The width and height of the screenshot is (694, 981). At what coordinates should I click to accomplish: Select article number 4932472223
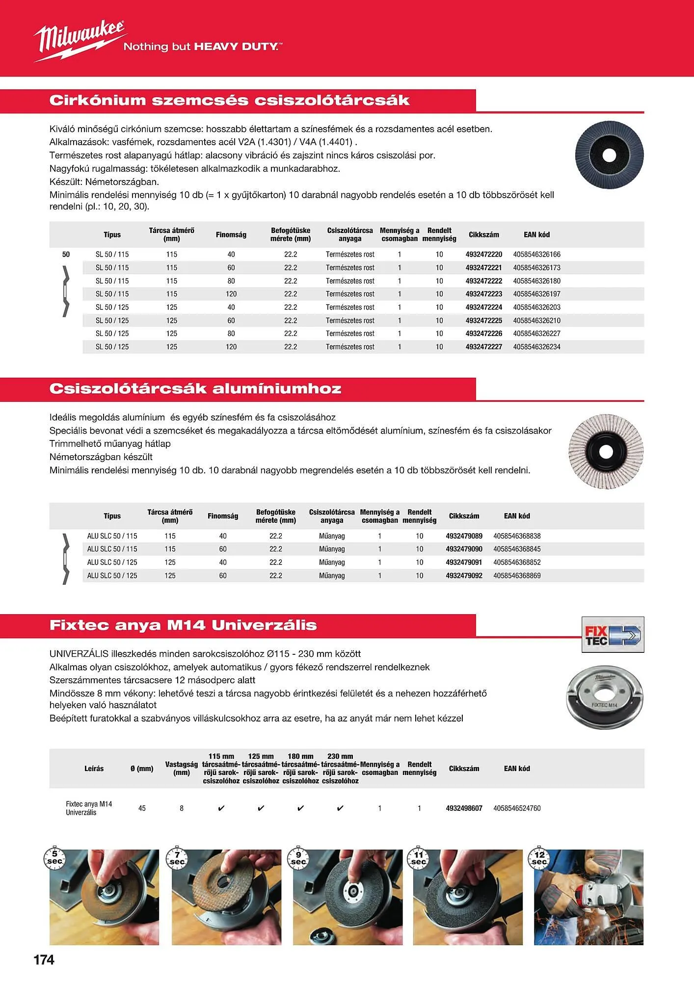[x=483, y=294]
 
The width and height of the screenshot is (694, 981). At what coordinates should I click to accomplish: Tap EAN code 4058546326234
[x=536, y=347]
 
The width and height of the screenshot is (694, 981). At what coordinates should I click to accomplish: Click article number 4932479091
[x=464, y=563]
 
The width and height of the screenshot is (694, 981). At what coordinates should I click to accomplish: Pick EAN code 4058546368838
[x=517, y=536]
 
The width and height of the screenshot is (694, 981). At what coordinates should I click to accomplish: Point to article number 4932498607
[x=464, y=808]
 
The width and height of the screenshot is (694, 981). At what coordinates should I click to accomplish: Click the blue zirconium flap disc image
[x=609, y=155]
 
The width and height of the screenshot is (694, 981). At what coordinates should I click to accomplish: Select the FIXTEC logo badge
[x=613, y=635]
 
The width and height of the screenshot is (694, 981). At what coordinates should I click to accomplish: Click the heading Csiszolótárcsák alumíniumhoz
[x=195, y=389]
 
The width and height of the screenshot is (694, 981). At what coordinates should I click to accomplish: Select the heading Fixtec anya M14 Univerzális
[x=183, y=625]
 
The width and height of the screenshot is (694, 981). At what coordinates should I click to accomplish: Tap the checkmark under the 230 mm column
[x=340, y=808]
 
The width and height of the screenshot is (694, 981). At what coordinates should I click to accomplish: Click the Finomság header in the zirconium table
[x=231, y=235]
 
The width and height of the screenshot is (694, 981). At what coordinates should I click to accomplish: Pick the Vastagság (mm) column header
[x=182, y=769]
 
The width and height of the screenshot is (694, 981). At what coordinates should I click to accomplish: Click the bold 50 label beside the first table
[x=66, y=255]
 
